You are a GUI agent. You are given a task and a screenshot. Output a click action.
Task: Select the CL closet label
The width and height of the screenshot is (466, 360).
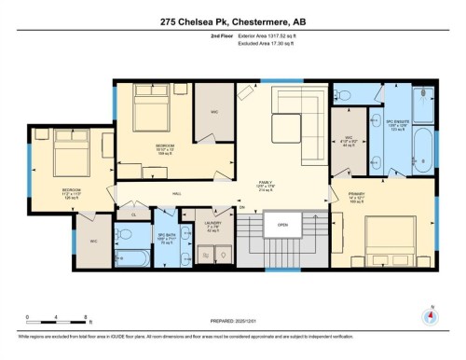(132, 215)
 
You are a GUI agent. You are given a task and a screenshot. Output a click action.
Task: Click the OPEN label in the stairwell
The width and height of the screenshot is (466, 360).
(282, 225)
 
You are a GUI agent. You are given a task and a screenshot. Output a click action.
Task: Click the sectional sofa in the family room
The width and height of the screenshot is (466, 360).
(295, 108)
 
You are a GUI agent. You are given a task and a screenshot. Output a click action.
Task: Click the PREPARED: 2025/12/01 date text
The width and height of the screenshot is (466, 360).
(232, 320)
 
